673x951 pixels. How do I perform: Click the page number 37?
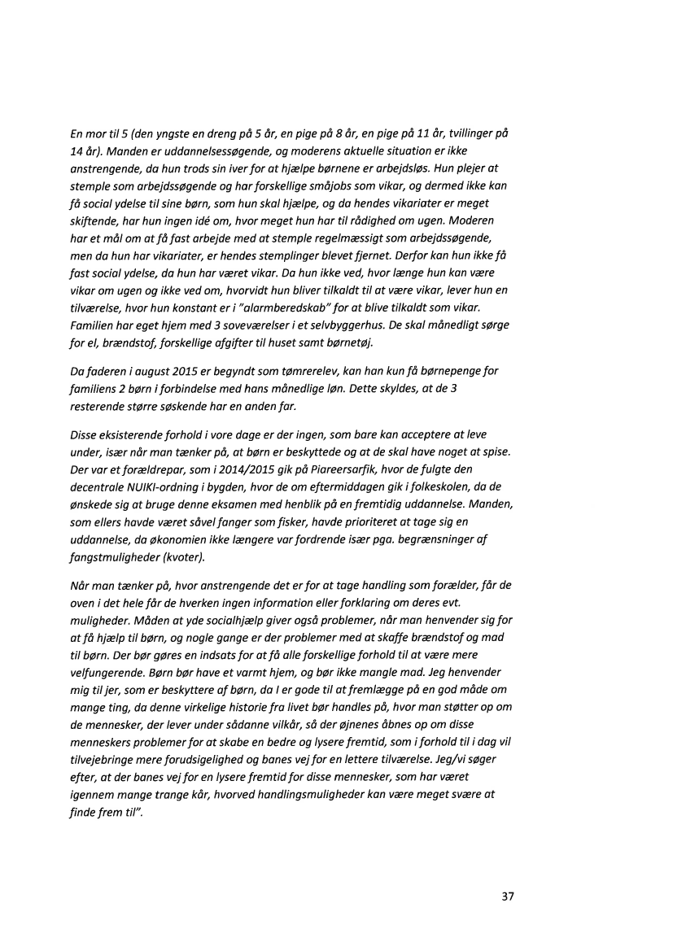tap(508, 896)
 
